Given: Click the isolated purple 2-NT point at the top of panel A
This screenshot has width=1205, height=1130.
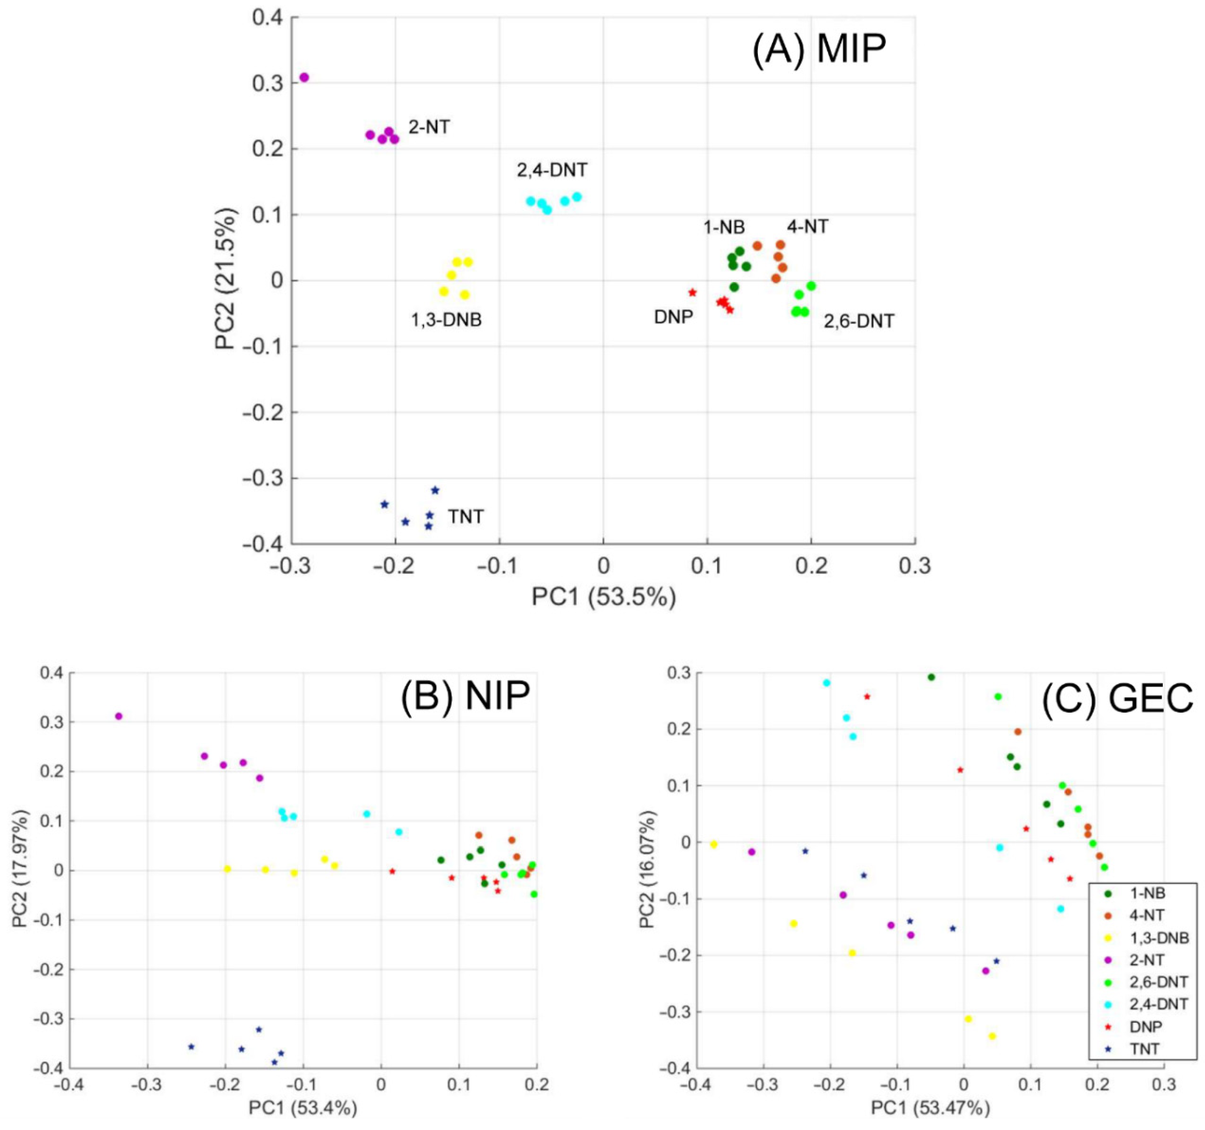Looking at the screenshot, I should [x=304, y=77].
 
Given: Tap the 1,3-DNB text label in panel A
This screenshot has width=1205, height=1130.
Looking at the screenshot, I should [x=447, y=320].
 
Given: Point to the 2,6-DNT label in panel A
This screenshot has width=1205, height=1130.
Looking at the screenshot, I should [x=858, y=321].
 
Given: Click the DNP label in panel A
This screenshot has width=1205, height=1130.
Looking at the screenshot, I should [x=673, y=317].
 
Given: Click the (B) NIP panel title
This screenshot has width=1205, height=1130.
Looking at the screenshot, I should [x=465, y=696].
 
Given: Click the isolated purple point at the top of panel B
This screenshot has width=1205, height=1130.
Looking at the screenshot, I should [x=119, y=716].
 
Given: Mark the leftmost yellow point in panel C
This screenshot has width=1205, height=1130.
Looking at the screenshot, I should [x=713, y=844].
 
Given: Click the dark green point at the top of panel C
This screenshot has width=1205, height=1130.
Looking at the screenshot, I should [x=931, y=677].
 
